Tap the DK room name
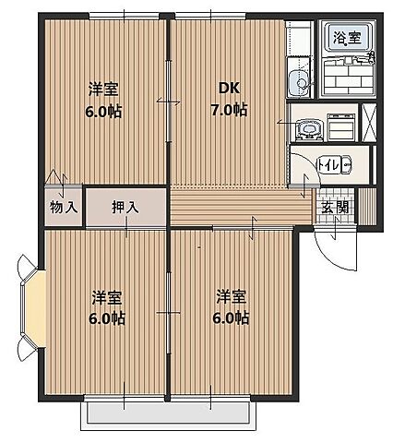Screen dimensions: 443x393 point(229,89)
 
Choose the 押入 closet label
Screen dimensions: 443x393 point(125,207)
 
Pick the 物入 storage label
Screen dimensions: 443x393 point(63,207)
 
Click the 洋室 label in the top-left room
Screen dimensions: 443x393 point(103,89)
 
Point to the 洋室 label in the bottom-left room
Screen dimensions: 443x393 point(107,298)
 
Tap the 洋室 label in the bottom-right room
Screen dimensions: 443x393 point(232,297)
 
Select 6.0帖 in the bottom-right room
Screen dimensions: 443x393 point(232,318)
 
